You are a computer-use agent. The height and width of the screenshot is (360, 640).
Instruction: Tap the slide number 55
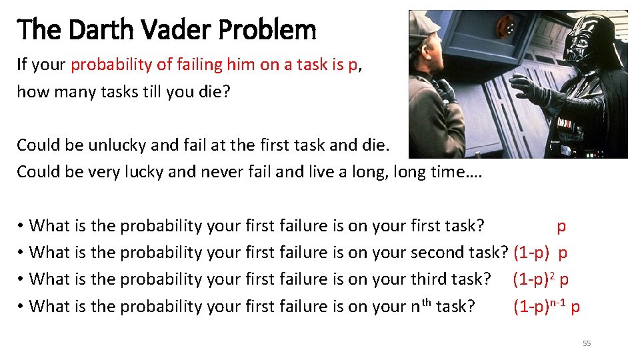587,343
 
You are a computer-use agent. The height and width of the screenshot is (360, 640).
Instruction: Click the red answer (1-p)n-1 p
546,306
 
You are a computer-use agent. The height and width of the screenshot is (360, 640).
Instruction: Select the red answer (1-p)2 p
540,279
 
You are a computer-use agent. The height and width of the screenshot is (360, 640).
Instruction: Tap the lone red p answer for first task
561,226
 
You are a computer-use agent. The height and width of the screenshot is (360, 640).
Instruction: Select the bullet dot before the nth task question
21,307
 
